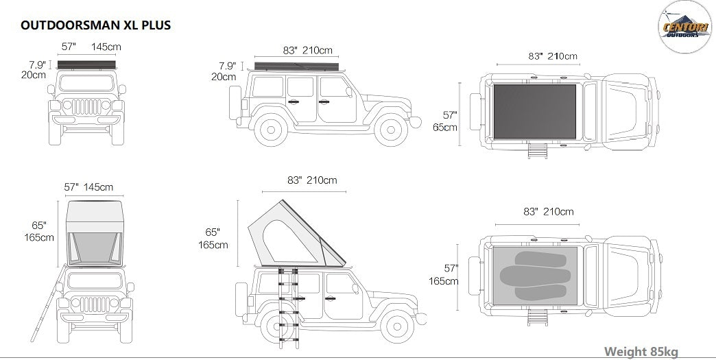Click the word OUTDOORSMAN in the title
[70, 25]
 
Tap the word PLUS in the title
[155, 25]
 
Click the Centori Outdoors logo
[684, 27]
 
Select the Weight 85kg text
[641, 352]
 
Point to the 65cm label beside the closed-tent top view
[445, 127]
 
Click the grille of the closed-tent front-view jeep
[86, 107]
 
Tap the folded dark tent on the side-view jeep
[296, 66]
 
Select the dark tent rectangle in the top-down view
[534, 111]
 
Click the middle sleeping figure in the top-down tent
[535, 276]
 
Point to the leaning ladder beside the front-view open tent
[48, 302]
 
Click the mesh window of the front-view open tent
[95, 248]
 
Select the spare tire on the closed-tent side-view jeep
[235, 103]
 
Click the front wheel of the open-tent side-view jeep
[397, 326]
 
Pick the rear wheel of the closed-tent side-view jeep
[271, 130]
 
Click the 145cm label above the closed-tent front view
[106, 47]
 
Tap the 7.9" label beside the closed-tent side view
[227, 66]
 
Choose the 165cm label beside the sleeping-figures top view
[443, 281]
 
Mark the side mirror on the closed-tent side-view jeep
[349, 92]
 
